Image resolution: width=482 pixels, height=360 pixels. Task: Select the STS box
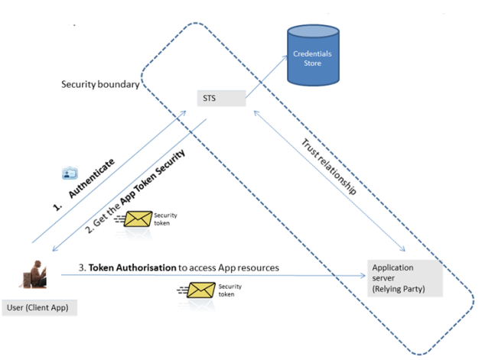pyautogui.click(x=220, y=98)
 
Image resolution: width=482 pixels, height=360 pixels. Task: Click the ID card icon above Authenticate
pyautogui.click(x=70, y=173)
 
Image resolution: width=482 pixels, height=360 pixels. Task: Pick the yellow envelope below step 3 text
pyautogui.click(x=202, y=290)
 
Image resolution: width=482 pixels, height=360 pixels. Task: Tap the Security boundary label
pyautogui.click(x=100, y=83)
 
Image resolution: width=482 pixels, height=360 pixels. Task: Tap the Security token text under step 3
pyautogui.click(x=230, y=290)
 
